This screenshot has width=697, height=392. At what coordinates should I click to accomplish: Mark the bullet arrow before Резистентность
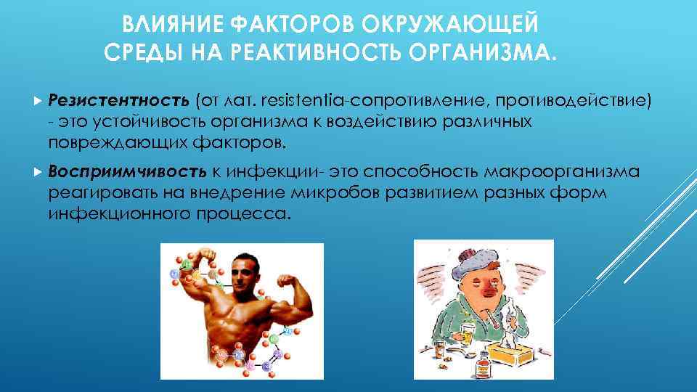(38, 99)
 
